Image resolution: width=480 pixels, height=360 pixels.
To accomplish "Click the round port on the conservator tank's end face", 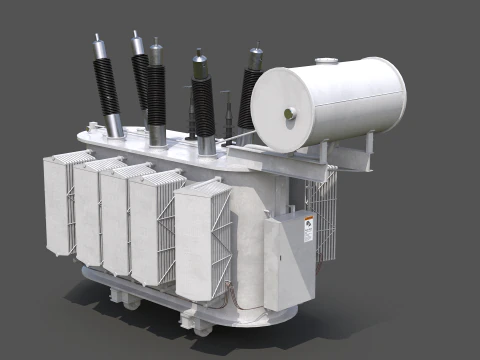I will (x=291, y=114).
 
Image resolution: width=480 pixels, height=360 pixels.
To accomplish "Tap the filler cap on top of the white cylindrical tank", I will (x=326, y=62).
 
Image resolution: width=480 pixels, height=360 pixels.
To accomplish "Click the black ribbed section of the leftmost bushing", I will (x=105, y=86).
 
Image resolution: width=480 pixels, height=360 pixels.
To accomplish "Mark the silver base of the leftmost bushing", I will (x=114, y=125).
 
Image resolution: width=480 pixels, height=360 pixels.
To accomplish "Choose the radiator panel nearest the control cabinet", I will (x=206, y=245).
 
